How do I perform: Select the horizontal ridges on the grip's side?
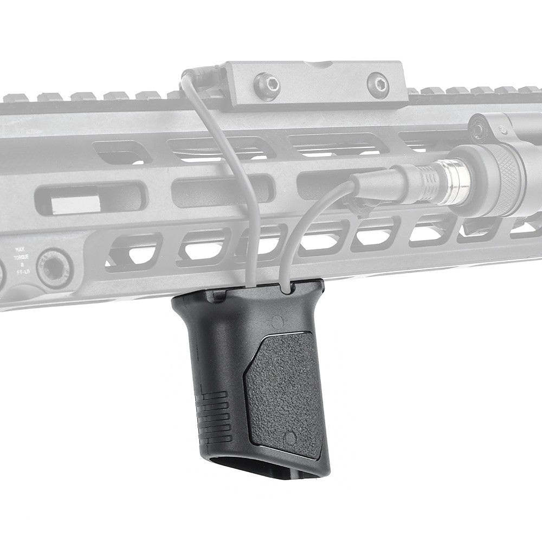(x=211, y=412)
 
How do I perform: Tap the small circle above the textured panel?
(x=278, y=321)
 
